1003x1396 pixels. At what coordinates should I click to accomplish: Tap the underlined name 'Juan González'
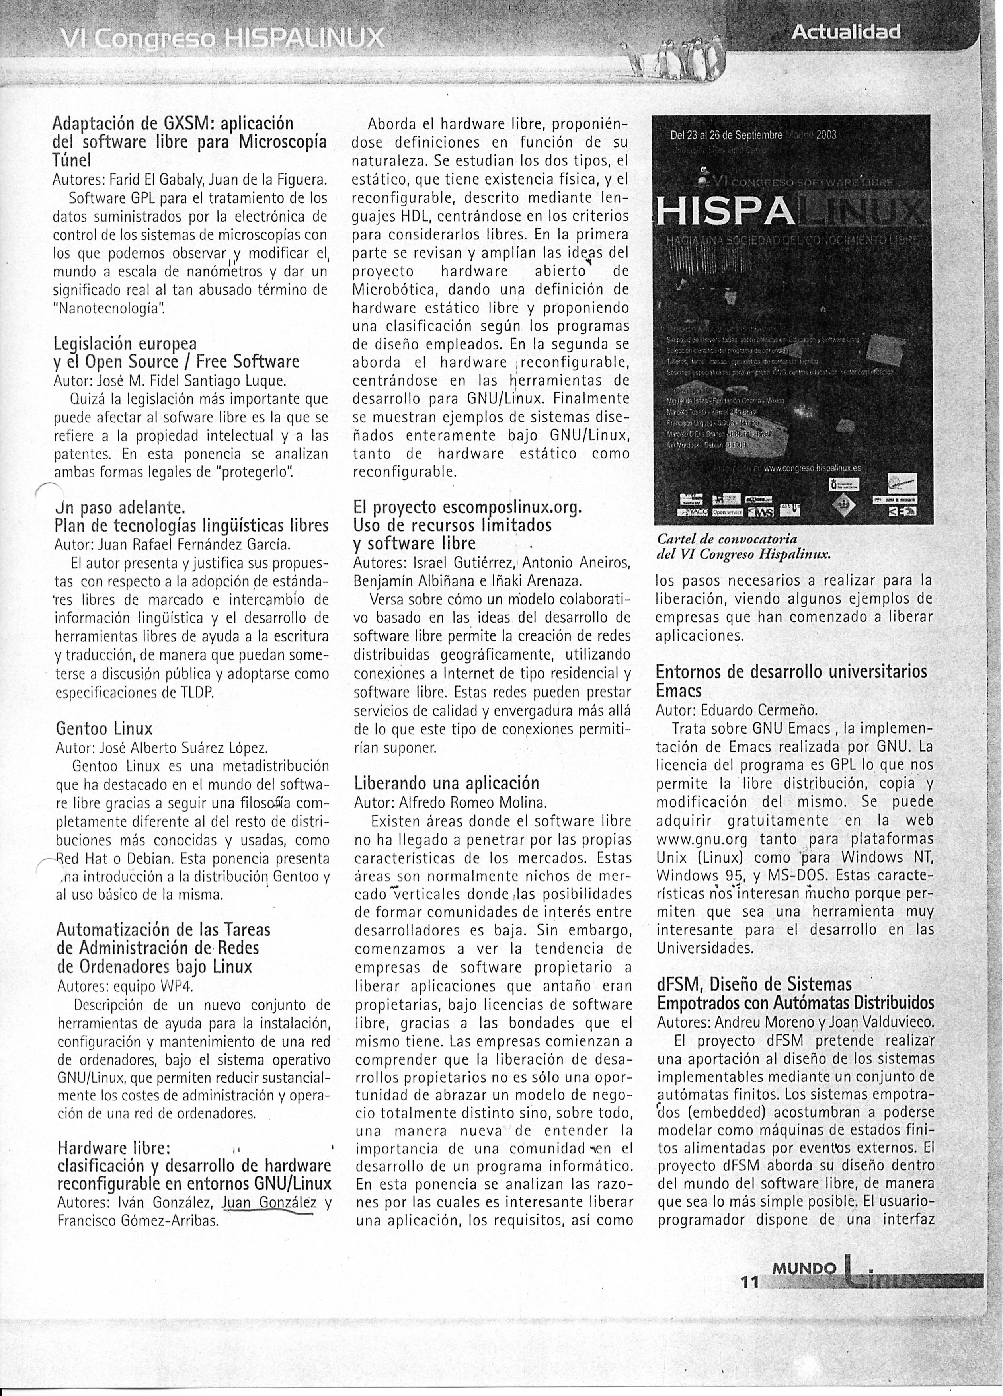click(x=269, y=1203)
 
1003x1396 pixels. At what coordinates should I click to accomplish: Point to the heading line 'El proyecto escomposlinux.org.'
click(x=467, y=507)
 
